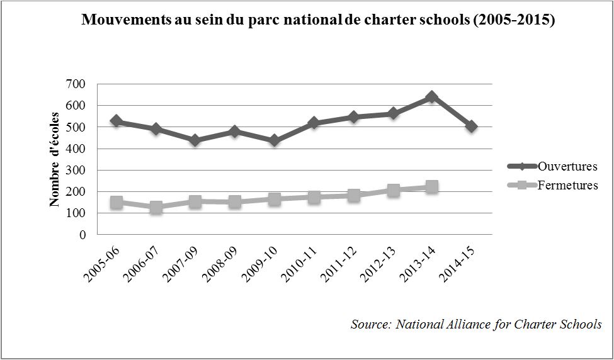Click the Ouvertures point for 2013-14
[431, 97]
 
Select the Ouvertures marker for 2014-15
[471, 127]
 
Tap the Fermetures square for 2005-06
[116, 202]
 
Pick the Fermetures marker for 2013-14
[431, 187]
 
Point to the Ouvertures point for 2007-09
[195, 140]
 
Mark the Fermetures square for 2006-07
[155, 207]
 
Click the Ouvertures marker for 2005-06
[116, 121]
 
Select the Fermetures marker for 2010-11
[314, 197]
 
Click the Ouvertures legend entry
[567, 167]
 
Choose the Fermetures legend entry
[567, 186]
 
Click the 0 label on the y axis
[82, 235]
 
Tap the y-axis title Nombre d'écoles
[55, 159]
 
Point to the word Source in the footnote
[371, 324]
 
